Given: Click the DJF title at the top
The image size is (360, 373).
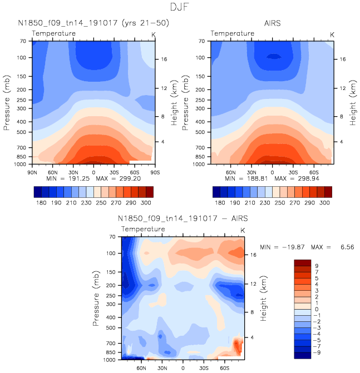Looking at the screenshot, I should pyautogui.click(x=180, y=7).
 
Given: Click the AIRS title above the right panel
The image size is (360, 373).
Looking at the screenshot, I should pyautogui.click(x=272, y=24).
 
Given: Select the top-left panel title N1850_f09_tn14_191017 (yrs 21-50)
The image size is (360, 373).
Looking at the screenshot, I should pyautogui.click(x=92, y=24).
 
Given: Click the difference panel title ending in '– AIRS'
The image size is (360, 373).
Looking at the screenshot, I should pyautogui.click(x=183, y=219).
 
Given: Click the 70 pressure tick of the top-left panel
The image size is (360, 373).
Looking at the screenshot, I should pyautogui.click(x=24, y=41).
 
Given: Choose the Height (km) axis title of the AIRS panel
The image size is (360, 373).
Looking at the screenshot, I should pyautogui.click(x=352, y=103).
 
